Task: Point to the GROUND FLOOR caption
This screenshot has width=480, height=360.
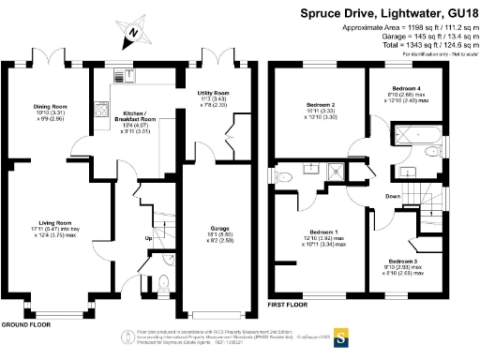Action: [25, 323]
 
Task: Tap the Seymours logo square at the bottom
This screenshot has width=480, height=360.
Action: [343, 337]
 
